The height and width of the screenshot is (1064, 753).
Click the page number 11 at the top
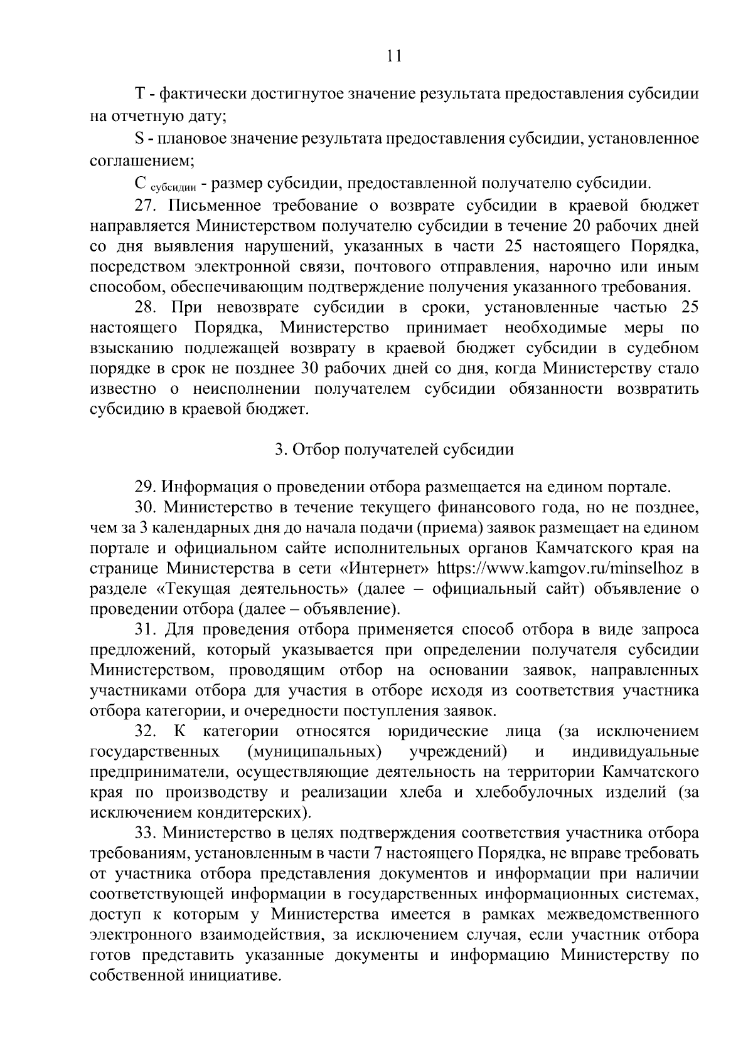[394, 56]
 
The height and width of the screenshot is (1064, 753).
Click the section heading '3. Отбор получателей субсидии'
[394, 450]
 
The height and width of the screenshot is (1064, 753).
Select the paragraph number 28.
[147, 307]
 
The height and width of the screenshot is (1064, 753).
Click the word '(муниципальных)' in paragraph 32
[314, 752]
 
